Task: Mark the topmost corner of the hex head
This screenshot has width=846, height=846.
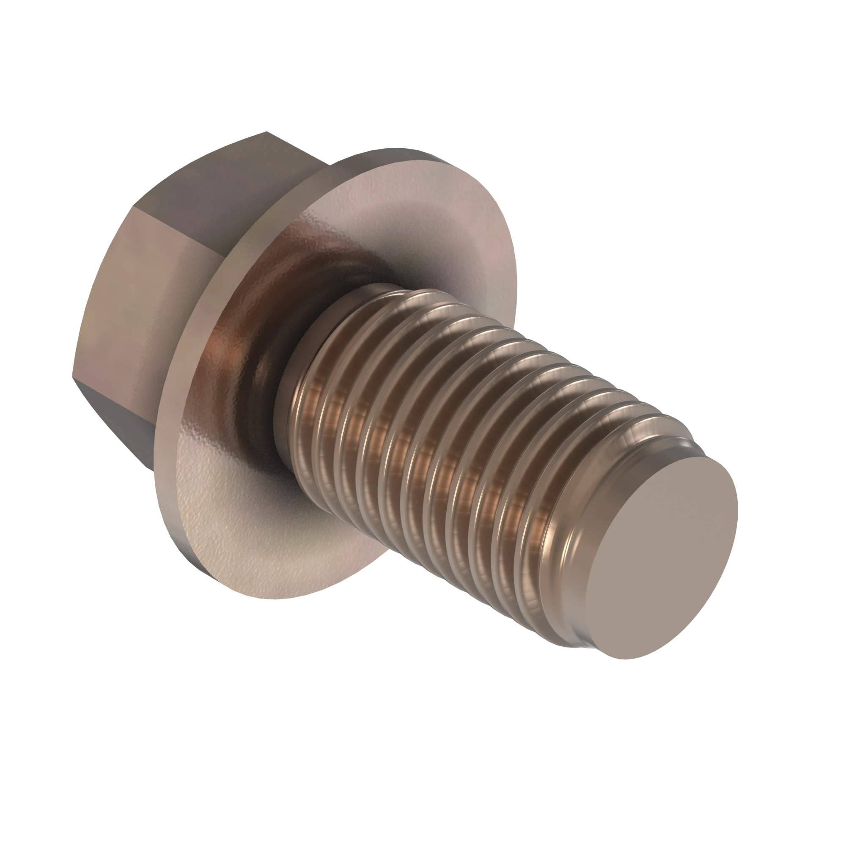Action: (x=267, y=132)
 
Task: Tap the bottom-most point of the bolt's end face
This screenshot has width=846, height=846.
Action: (x=626, y=670)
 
